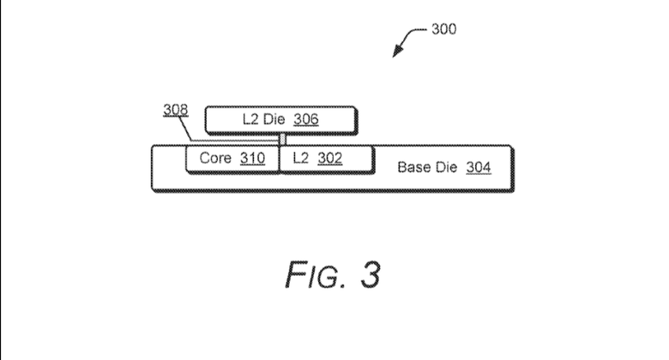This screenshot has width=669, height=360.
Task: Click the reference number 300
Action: [444, 29]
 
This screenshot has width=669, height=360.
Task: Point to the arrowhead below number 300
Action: [396, 54]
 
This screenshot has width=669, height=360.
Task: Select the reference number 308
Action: [174, 111]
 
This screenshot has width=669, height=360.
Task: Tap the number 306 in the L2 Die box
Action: [305, 120]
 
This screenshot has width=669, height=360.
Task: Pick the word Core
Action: [215, 159]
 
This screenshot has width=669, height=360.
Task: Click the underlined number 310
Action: [252, 159]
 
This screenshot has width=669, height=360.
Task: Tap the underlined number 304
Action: [479, 167]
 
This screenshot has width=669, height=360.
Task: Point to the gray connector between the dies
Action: [281, 139]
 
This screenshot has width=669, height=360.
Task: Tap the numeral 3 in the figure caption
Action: [368, 273]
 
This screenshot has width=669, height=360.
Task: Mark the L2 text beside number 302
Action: [299, 159]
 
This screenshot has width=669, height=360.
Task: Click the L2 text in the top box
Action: [250, 120]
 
